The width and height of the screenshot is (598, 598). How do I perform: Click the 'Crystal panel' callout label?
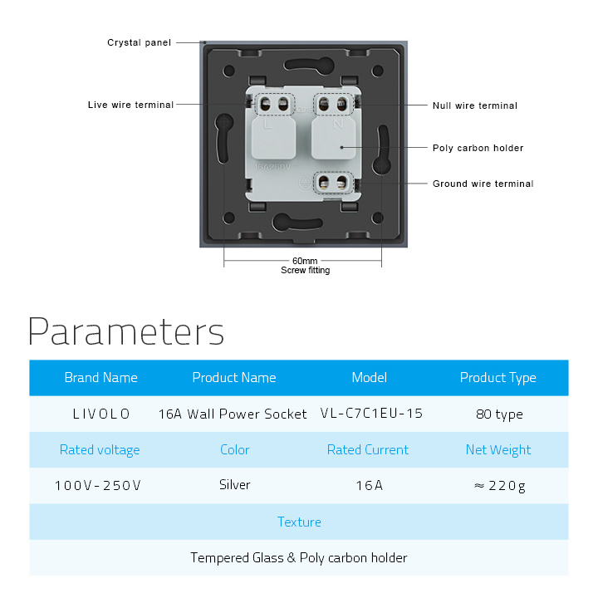coord(139,42)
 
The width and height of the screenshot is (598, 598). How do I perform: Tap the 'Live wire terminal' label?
coord(130,105)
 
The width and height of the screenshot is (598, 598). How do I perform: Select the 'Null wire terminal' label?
coord(475,105)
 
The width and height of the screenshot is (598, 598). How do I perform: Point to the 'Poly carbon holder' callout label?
coord(478,148)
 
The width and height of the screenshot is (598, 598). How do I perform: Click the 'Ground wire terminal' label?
coord(483,184)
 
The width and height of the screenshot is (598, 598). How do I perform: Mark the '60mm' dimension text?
coord(305,261)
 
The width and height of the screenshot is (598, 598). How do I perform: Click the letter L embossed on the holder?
coord(267,125)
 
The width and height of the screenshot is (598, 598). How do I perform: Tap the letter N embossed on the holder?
coord(338,124)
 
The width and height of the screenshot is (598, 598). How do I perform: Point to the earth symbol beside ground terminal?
coord(305,182)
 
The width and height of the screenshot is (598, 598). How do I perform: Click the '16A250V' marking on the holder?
coord(273,167)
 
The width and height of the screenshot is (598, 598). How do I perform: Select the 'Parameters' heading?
coord(126,331)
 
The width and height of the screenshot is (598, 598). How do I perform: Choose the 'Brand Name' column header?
coord(101,378)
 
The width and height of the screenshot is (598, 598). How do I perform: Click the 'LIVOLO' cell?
coord(101,414)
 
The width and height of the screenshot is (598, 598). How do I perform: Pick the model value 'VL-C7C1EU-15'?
coord(371,414)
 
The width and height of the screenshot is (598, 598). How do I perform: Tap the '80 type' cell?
coord(499,414)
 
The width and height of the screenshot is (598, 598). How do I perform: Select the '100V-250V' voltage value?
coord(98,486)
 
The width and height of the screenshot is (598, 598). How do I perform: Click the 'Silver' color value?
coord(234,485)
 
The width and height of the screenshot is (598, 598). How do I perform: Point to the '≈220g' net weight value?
coord(500,486)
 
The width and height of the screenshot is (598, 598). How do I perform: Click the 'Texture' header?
coord(299,522)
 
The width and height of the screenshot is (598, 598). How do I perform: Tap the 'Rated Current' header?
coord(368,449)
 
